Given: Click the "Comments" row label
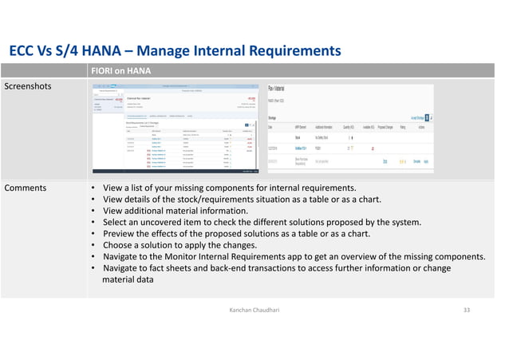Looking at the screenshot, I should click(x=26, y=188).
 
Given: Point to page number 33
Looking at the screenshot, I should click(x=468, y=307).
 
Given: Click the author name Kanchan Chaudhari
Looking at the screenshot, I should click(x=254, y=307).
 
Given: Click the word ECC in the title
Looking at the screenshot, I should click(x=23, y=51).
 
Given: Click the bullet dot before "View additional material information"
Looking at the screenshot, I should click(x=93, y=212).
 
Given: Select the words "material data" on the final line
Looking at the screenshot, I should click(x=128, y=280).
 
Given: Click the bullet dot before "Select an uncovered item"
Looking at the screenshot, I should click(x=93, y=223).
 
